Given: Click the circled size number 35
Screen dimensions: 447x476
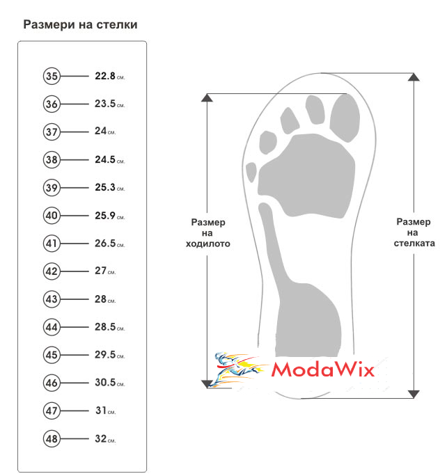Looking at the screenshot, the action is tap(52, 76).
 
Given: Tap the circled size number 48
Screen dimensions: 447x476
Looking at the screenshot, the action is tap(52, 438).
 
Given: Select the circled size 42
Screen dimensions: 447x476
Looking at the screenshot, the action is tap(52, 271).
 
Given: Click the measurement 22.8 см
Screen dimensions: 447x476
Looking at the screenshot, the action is tap(109, 76).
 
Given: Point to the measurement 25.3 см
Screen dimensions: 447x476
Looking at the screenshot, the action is tap(109, 187).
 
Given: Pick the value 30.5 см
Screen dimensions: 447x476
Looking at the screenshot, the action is tap(109, 383).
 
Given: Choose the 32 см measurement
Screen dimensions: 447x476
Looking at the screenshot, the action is tap(105, 438).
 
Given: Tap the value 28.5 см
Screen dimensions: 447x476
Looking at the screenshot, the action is tap(109, 327).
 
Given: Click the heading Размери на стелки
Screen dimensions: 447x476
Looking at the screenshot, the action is tap(81, 24).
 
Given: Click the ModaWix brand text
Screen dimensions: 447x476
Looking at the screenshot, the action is tap(323, 370).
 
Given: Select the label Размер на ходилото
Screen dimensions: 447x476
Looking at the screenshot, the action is tap(208, 233).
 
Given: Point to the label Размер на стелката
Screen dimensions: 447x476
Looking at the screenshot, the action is tap(414, 232).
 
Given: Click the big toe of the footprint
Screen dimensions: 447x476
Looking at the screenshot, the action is tap(345, 118).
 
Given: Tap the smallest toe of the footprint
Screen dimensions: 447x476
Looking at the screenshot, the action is tap(251, 172).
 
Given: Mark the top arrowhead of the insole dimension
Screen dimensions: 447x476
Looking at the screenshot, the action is tap(414, 77).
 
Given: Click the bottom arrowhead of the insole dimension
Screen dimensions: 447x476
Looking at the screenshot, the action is tap(414, 394).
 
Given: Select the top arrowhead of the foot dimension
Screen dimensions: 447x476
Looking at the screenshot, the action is tap(207, 97).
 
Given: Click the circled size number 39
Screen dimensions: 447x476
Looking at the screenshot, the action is tap(52, 188).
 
